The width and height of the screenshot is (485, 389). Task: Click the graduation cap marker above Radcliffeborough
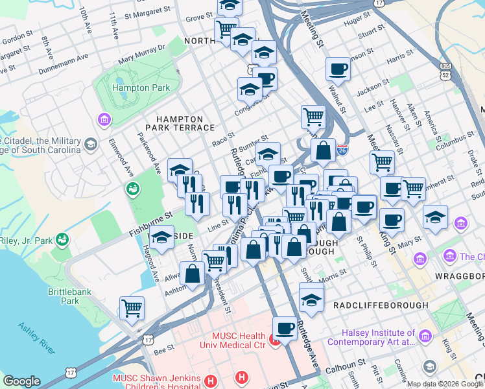pos(311,299)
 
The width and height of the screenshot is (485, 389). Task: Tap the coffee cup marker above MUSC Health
pos(285,328)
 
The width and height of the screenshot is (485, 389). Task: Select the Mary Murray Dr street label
pos(141,55)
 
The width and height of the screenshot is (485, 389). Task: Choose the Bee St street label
pos(165,349)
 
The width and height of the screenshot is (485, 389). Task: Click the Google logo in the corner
pos(21,381)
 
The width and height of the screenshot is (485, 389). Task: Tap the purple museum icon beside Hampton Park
pos(103,119)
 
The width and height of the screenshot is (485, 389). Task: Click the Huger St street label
pos(357,21)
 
